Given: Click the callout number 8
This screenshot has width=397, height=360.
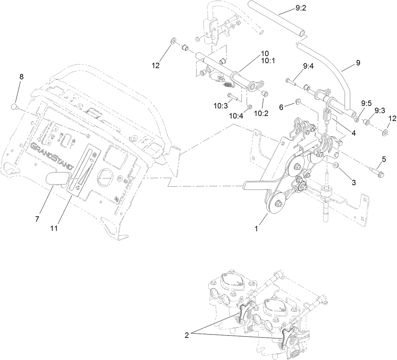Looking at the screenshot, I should click(x=22, y=77).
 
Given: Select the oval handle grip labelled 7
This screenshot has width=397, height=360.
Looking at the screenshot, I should click(x=57, y=178).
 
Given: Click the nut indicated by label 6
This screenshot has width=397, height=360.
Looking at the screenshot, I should click(x=298, y=101).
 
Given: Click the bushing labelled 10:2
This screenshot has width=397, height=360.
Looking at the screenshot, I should click(x=265, y=93).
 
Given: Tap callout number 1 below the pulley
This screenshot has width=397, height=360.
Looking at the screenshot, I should click(x=256, y=229).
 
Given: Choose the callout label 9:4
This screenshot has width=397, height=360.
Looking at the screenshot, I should click(x=308, y=67).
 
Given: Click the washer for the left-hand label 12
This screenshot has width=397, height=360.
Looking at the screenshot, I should click(x=172, y=41).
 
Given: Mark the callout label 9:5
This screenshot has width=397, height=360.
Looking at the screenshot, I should click(x=366, y=102).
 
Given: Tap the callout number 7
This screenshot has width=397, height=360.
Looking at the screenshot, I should click(x=37, y=218).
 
